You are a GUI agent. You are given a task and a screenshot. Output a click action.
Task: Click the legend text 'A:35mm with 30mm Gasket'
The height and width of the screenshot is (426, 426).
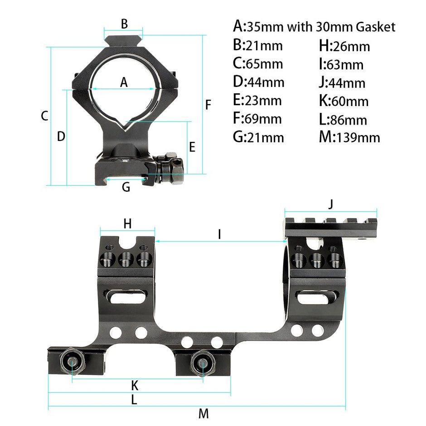tap(314, 27)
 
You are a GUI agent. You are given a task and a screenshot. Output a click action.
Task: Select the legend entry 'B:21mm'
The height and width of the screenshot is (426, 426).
tap(257, 45)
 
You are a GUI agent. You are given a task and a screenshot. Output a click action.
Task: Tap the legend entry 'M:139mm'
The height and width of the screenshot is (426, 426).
tap(349, 137)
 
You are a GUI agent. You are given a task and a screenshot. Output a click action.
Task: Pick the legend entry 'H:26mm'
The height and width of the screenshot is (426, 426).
tap(344, 46)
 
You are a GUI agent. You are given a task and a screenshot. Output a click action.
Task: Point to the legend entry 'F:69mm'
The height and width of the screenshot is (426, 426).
tap(257, 119)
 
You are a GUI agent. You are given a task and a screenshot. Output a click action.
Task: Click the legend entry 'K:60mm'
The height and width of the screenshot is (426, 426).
tap(344, 101)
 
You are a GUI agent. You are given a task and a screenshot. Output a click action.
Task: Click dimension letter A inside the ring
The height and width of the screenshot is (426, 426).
tap(124, 82)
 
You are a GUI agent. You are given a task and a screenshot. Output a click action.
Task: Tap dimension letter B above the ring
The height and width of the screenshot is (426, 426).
tap(125, 24)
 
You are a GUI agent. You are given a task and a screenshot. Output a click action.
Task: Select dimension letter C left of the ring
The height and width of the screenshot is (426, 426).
tap(44, 116)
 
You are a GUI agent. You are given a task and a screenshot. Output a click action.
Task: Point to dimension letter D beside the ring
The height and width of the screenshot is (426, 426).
tap(61, 136)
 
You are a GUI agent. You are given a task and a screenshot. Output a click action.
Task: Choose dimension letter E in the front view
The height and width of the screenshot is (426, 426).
tap(192, 147)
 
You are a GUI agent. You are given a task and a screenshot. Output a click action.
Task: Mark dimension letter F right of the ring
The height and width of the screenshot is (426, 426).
tap(208, 105)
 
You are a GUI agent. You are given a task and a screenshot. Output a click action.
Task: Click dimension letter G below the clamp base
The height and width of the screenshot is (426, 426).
tap(126, 186)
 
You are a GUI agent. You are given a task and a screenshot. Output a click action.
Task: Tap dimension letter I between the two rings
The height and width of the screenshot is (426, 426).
tap(219, 234)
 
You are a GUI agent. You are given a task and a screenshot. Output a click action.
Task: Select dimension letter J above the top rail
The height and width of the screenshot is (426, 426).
tap(331, 204)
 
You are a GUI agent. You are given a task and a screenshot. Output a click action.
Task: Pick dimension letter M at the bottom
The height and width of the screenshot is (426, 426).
tap(203, 413)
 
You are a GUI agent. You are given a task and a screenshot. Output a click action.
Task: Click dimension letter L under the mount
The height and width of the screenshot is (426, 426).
tap(134, 400)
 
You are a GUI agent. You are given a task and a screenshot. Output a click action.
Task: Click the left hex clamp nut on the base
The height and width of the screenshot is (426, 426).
tap(73, 362)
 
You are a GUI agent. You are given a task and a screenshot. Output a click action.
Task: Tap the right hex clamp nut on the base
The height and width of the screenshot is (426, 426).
tap(202, 361)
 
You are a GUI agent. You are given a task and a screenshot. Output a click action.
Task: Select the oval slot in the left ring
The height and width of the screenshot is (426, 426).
tap(127, 297)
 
